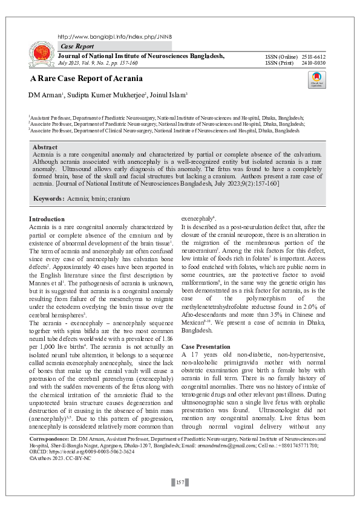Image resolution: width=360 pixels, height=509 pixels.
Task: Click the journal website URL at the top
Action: [115, 36]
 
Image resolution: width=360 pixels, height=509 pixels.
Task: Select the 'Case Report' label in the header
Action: [77, 47]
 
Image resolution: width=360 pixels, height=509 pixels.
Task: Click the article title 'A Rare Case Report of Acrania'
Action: [87, 79]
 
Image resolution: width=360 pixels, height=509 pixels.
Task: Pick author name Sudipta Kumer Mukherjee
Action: [107, 95]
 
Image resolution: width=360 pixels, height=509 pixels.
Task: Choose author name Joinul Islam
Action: [166, 95]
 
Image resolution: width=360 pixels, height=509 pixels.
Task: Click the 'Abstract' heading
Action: [45, 148]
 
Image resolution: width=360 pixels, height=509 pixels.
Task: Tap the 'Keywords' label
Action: [48, 198]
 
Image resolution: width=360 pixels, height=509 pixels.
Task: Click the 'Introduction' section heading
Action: [47, 219]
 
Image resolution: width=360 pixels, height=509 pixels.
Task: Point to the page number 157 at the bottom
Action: [180, 482]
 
